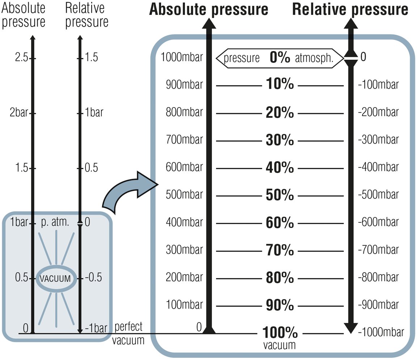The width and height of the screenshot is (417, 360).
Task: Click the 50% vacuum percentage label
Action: [x=280, y=195]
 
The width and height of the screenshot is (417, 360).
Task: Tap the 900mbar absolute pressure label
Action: [x=184, y=85]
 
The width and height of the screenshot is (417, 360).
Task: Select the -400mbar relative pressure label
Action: [x=378, y=167]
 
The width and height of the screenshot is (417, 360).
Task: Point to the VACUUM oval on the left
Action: [x=56, y=278]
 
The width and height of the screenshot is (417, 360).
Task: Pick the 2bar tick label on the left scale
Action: [x=19, y=113]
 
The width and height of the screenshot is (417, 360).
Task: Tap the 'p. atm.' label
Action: [x=55, y=222]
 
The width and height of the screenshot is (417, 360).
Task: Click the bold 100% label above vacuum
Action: [x=280, y=333]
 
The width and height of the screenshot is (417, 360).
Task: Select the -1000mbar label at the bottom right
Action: [x=381, y=332]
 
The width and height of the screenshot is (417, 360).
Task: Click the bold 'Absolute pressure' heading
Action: [x=208, y=9]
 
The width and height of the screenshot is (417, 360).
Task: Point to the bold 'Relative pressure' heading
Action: [x=350, y=9]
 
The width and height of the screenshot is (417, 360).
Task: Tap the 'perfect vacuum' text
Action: [x=128, y=333]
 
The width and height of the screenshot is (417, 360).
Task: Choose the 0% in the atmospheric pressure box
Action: [x=280, y=57]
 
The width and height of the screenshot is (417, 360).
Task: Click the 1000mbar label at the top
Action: [x=182, y=57]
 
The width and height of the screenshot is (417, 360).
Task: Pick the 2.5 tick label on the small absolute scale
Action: [x=21, y=57]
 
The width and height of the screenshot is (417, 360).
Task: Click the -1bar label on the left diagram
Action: [x=96, y=328]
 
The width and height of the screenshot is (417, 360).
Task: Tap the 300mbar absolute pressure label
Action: [x=184, y=250]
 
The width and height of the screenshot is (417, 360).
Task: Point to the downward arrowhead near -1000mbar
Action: [x=351, y=328]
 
